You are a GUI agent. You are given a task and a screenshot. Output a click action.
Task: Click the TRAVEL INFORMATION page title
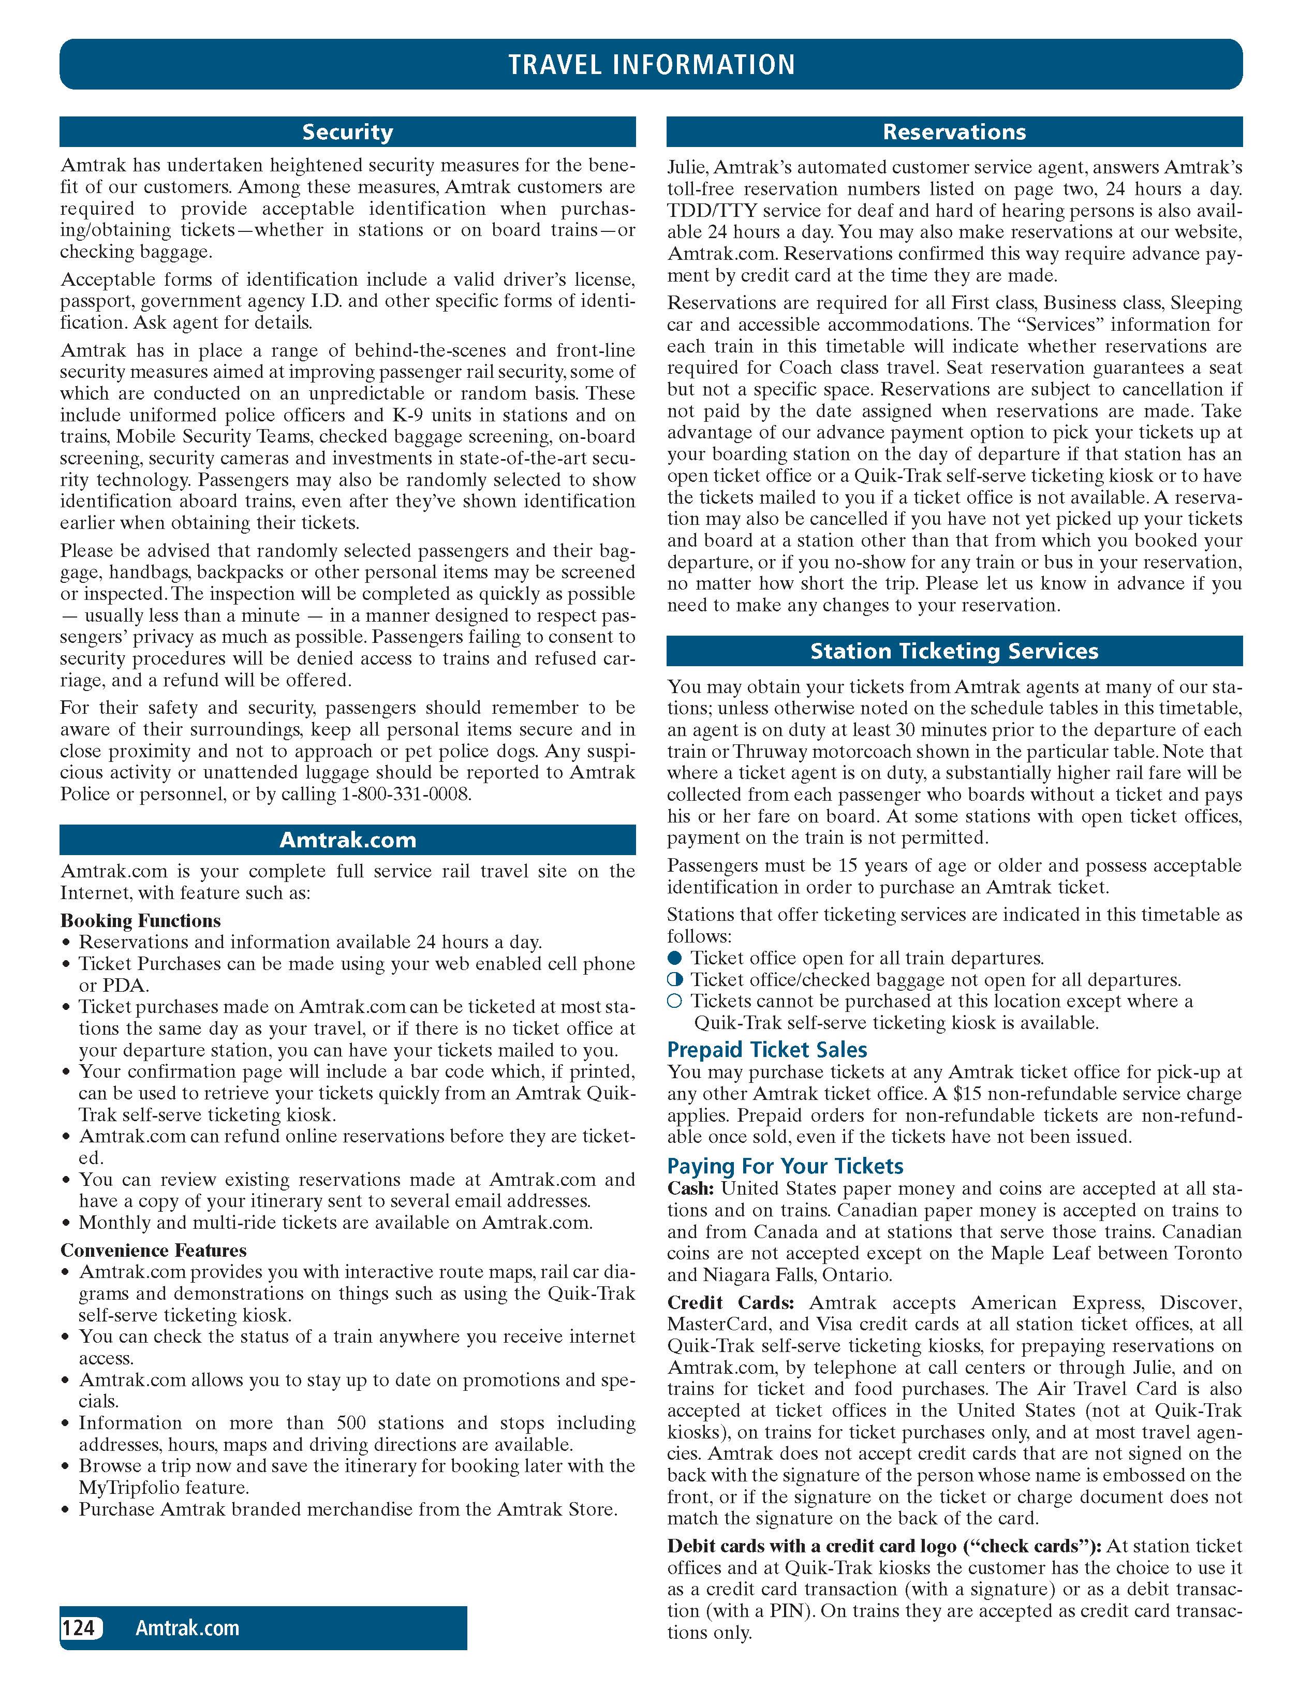click(x=651, y=64)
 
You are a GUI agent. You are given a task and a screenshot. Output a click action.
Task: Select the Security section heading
click(x=347, y=132)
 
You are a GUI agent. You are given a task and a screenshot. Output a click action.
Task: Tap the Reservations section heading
click(x=954, y=132)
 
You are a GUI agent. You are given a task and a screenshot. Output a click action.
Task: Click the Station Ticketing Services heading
click(x=954, y=651)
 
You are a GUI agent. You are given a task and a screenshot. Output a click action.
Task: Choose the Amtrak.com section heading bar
click(x=347, y=840)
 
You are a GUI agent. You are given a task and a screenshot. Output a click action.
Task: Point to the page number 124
click(x=78, y=1628)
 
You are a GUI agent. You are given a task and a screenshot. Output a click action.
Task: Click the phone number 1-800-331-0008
click(x=405, y=794)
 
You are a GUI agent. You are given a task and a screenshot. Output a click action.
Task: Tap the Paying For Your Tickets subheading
click(x=785, y=1166)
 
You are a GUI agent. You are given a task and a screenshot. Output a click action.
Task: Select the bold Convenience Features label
click(x=154, y=1251)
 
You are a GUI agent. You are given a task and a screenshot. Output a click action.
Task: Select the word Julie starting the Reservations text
click(x=687, y=168)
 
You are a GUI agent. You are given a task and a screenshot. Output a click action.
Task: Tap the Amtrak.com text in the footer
click(x=187, y=1628)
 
